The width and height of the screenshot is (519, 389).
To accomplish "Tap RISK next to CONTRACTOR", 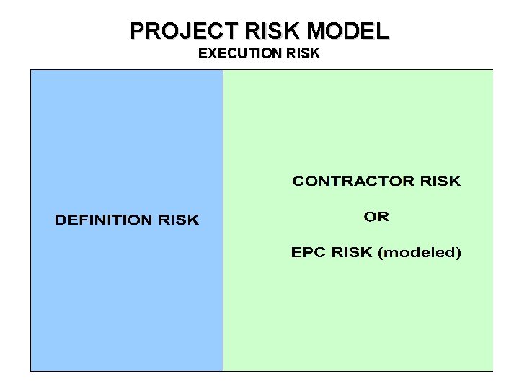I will pos(440,181).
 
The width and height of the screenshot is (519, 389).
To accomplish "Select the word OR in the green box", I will pos(376,216).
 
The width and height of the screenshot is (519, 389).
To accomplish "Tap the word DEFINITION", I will pos(103,220).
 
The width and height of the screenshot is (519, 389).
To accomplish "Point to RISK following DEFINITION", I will pos(178,220).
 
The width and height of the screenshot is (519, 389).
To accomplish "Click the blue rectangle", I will pos(126,130).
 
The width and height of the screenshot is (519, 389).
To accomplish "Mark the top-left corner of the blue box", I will pos(31,70).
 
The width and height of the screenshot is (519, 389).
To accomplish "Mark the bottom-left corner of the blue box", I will pos(31,370).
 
